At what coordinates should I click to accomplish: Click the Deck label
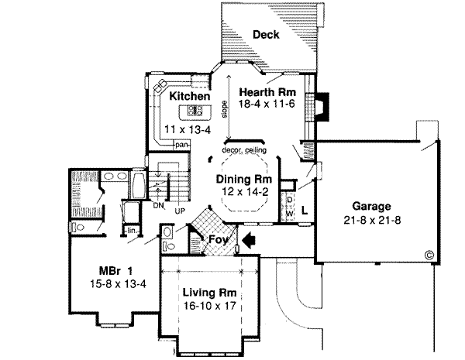point(266,33)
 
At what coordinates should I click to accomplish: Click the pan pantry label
point(182,145)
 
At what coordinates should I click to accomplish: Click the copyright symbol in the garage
point(429,253)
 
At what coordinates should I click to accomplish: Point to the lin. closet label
point(133,231)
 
